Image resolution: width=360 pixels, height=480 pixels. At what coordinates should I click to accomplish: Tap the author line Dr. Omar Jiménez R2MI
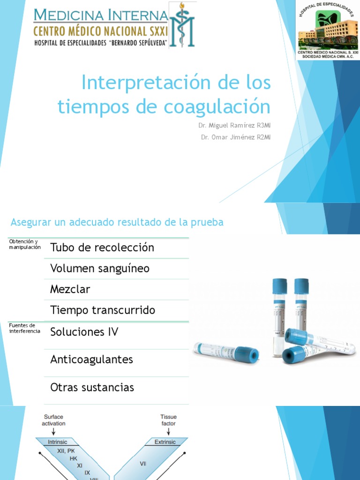[236, 137]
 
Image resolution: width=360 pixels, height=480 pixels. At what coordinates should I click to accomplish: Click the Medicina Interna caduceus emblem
[181, 25]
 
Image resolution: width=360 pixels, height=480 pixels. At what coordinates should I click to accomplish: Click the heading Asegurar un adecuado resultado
[117, 222]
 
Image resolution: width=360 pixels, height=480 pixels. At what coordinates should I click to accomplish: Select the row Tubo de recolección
[102, 247]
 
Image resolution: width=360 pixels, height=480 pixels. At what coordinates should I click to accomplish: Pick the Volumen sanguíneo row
[99, 269]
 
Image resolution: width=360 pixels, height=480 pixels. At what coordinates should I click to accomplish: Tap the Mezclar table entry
[70, 289]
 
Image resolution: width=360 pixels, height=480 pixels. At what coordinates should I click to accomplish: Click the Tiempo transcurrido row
[102, 310]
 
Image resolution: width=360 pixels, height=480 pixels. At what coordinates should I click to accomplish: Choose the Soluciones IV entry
[84, 332]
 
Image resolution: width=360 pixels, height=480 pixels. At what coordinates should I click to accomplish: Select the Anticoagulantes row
[91, 360]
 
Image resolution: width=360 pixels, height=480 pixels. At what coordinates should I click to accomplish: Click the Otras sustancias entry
[92, 387]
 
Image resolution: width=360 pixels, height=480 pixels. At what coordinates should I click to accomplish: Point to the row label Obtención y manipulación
[25, 244]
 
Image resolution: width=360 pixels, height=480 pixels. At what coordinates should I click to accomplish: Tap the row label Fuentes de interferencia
[25, 328]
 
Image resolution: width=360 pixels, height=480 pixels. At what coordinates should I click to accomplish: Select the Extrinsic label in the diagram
[165, 442]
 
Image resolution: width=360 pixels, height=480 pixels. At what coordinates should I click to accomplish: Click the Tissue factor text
[168, 420]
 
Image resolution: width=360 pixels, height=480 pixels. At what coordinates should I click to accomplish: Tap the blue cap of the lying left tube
[247, 355]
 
